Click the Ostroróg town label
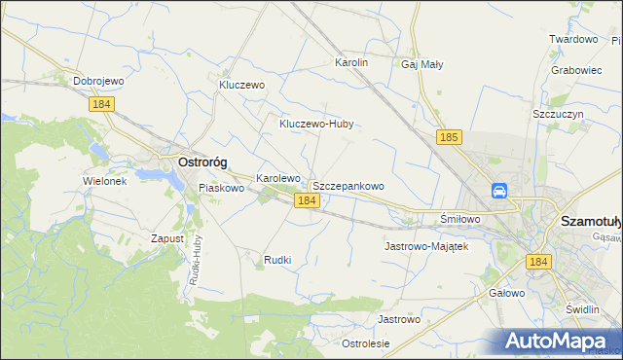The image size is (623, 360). pos(202,162)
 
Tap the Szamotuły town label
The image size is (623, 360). pos(591,221)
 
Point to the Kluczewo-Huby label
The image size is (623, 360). pos(315,124)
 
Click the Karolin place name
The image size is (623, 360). pos(351,62)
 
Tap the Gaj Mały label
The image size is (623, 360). pos(421,64)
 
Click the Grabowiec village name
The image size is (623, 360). pos(575,70)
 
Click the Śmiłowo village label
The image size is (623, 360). pos(460,219)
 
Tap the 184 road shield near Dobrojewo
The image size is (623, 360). pos(101,103)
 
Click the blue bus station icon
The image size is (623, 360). pos(499,191)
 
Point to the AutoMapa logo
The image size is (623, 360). pos(560,341)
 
